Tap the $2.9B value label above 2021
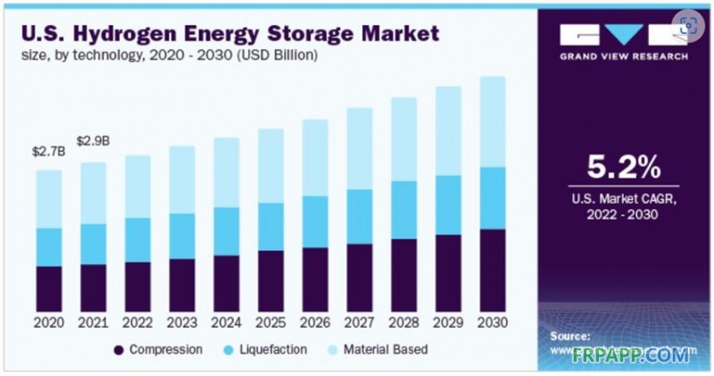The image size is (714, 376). coord(94,141)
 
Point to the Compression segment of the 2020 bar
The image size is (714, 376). coord(49,288)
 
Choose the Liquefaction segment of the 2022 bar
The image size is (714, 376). coord(137,239)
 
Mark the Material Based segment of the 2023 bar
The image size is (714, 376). coord(182,180)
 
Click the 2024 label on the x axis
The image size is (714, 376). coord(226,322)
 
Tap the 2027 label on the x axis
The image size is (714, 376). coord(359,322)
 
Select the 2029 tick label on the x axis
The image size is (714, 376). coord(447,322)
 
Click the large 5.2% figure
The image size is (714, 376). coord(623,167)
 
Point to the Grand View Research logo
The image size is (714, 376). coord(624,41)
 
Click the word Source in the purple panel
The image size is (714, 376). coord(570,336)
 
